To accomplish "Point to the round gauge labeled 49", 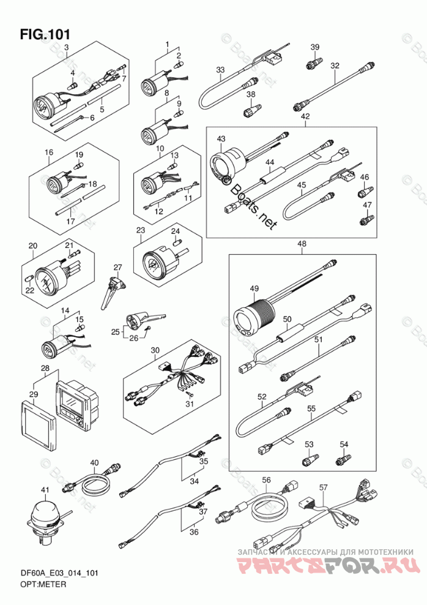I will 249,320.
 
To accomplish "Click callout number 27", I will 117,267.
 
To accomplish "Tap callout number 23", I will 140,231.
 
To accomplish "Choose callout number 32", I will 335,66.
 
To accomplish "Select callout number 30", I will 155,351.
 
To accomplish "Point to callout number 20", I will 32,246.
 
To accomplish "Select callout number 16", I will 49,152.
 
